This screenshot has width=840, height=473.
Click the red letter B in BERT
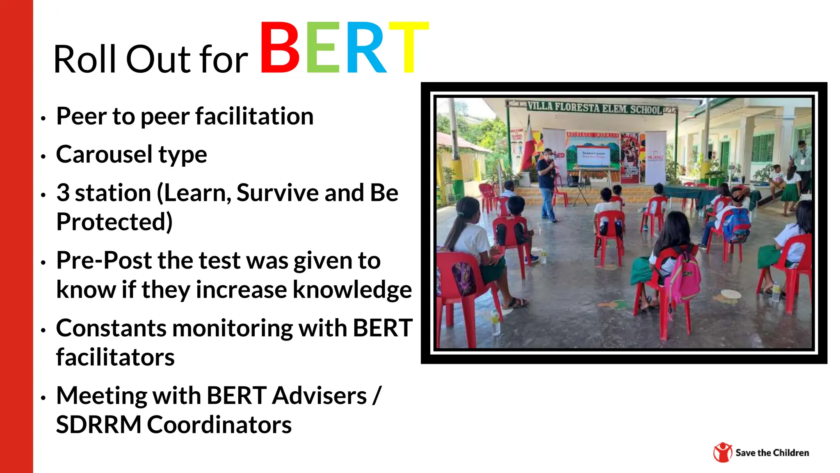coord(280,48)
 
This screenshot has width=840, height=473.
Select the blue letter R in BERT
coord(366,48)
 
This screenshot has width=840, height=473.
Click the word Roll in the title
coord(85,60)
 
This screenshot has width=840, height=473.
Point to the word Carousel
coord(104,154)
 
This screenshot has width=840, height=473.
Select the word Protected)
coord(114,222)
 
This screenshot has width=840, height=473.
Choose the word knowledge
coord(352,289)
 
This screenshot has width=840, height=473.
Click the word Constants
coord(111,328)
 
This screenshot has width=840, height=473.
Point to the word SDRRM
coord(98,425)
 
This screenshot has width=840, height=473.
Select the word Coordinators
coord(219,425)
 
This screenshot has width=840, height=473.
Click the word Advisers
coord(320,396)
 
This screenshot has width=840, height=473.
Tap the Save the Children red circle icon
coord(722,452)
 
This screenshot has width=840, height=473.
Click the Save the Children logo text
coord(772,453)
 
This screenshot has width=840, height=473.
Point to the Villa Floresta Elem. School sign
coord(594,108)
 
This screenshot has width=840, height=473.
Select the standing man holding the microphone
coord(547,185)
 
